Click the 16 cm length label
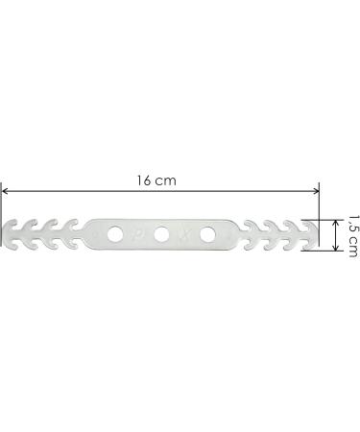coord(156,180)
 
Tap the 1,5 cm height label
coord(352,236)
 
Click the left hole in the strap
coord(115,234)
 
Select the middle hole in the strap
coord(161,234)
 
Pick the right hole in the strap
coord(207,234)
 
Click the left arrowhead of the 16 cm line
coord(5,191)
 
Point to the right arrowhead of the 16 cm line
coord(316,191)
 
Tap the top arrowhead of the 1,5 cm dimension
coord(335,222)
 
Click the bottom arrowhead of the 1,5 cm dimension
coord(335,248)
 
